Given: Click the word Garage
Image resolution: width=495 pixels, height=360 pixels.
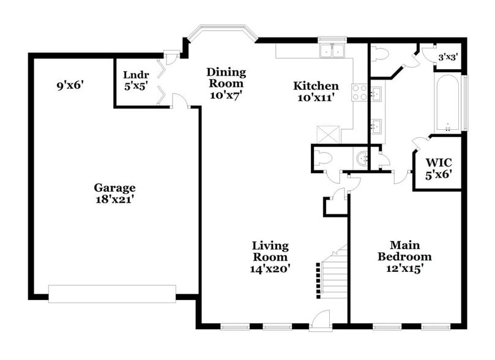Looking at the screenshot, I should point(114,187).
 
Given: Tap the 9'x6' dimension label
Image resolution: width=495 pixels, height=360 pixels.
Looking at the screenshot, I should point(70,86).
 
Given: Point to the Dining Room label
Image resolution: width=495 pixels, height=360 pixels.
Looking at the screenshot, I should point(226,77).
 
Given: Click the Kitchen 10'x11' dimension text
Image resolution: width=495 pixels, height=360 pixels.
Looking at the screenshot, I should point(315,97).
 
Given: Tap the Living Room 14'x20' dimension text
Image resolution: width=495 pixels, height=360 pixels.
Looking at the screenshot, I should point(270,268).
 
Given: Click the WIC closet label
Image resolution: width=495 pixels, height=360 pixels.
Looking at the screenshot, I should point(438,162).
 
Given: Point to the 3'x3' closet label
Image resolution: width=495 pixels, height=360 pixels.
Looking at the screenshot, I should point(449,58).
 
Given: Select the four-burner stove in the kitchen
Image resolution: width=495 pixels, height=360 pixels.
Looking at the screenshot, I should point(360,93).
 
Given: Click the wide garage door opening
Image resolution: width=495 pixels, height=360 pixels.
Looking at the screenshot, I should point(113,294).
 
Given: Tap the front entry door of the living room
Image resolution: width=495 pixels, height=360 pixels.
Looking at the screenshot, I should point(320,320).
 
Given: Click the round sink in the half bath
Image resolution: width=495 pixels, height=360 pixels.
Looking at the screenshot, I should point(363,158).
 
